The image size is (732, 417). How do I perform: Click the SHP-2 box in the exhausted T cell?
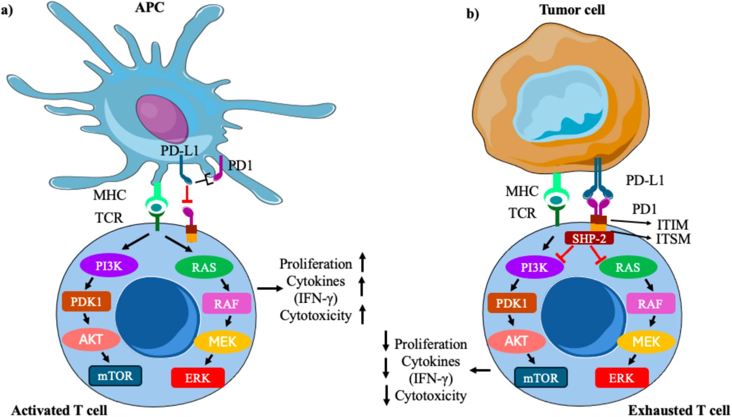[x=589, y=239]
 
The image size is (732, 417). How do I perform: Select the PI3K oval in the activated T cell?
[x=109, y=266]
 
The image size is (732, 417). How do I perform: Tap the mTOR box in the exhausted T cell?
[x=541, y=378]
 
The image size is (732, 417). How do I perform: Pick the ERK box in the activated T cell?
[x=197, y=377]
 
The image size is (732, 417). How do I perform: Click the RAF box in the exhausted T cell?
[x=650, y=304]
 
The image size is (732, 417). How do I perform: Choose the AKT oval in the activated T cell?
[x=91, y=339]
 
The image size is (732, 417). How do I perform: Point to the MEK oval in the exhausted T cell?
[x=646, y=341]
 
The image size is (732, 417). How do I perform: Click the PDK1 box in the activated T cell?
[x=86, y=301]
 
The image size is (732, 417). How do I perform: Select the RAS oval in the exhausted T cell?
[x=627, y=267]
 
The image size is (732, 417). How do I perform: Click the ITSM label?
[x=673, y=239]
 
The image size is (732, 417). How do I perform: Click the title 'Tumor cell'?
[x=572, y=10]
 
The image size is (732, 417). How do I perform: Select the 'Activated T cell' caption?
[x=59, y=410]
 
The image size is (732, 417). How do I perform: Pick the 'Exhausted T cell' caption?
[x=679, y=410]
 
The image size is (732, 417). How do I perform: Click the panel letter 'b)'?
[x=472, y=14]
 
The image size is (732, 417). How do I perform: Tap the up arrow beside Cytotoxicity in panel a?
[x=362, y=315]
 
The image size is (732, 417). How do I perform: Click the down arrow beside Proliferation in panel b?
[x=386, y=341]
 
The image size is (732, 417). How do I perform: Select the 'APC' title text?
[x=149, y=8]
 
